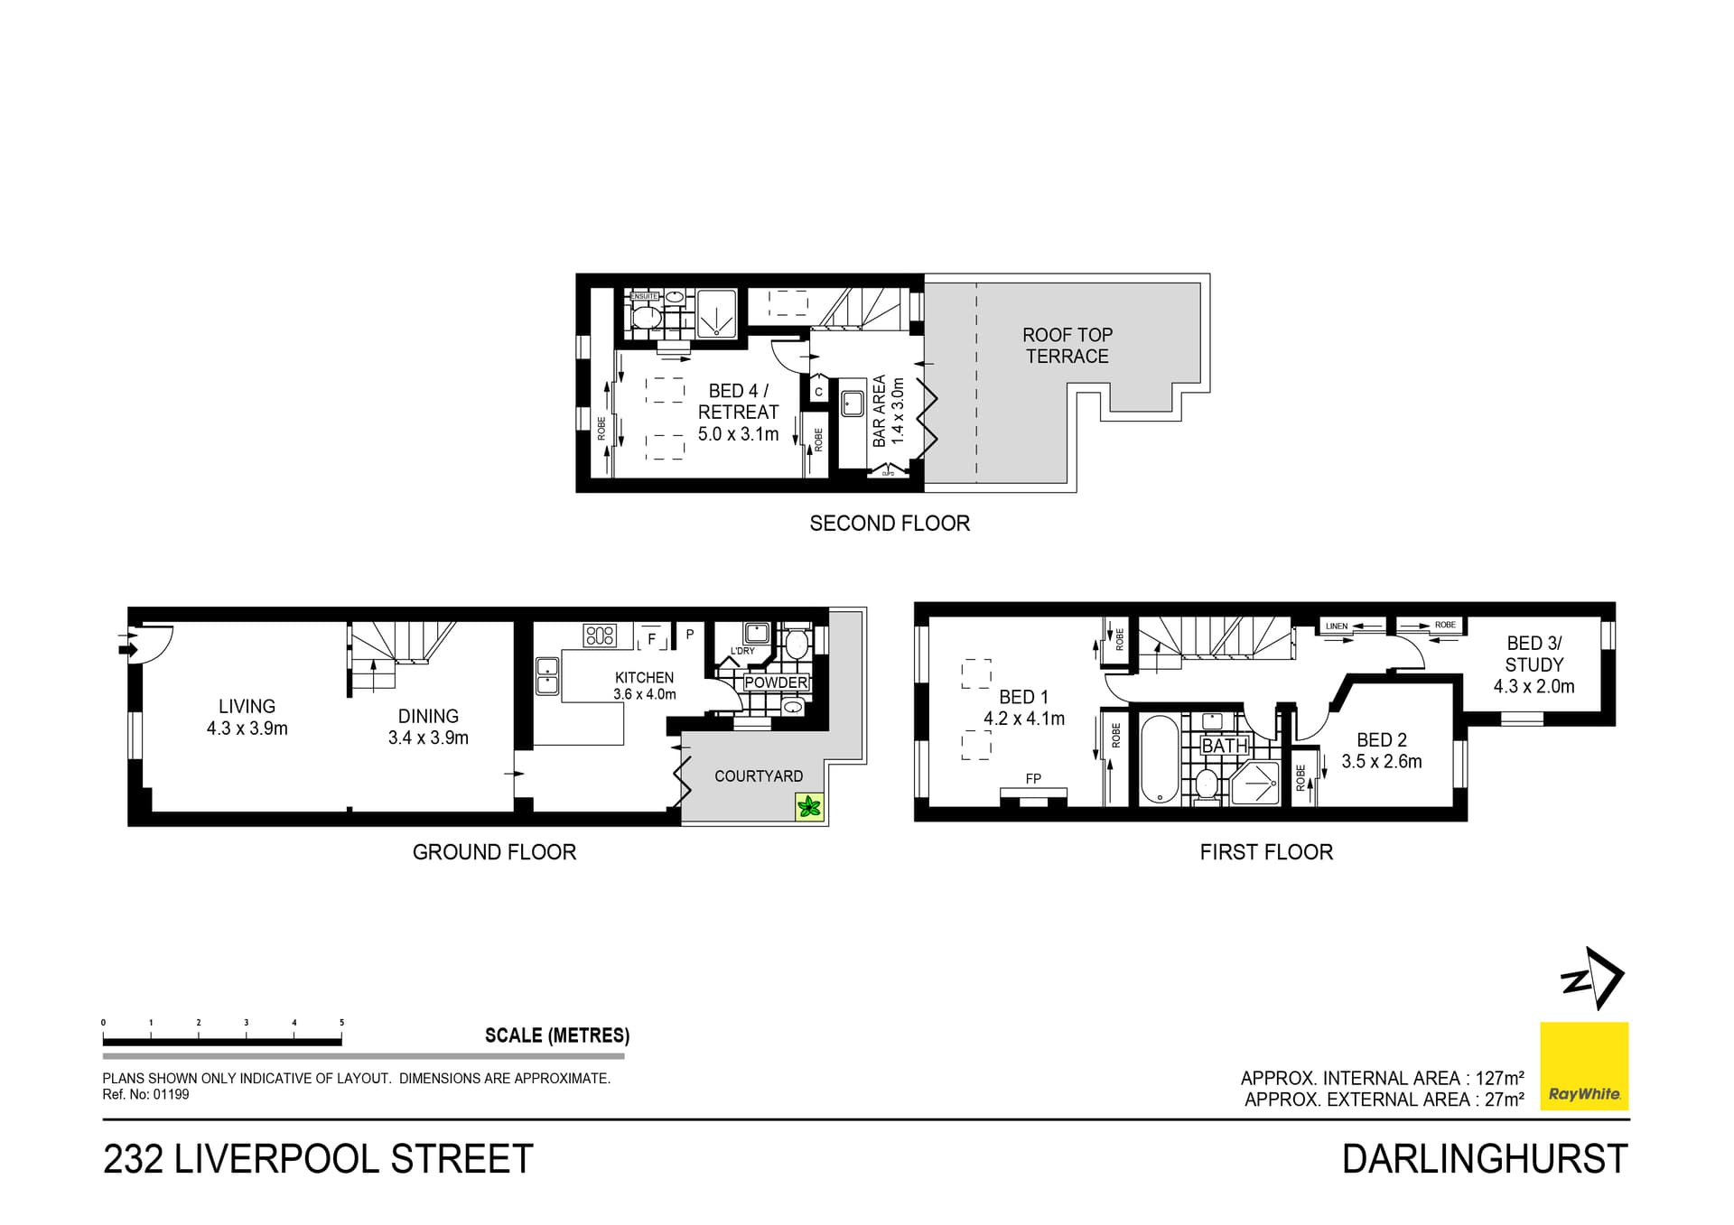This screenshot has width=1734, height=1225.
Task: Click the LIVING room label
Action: (247, 708)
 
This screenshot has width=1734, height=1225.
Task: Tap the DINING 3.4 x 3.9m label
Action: (428, 727)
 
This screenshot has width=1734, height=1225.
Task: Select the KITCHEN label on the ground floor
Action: (644, 678)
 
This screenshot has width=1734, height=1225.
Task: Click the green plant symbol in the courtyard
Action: (810, 807)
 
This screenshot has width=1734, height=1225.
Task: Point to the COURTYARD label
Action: (758, 776)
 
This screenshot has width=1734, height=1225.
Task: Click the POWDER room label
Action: (776, 683)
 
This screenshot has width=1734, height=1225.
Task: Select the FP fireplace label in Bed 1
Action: (1033, 778)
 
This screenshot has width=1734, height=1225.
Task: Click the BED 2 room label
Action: (1381, 740)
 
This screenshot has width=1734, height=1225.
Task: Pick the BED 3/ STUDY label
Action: (1534, 654)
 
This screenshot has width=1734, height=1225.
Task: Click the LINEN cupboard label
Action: (1337, 626)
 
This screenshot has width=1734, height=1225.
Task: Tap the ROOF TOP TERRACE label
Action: (1067, 346)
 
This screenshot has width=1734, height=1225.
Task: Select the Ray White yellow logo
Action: (1584, 1065)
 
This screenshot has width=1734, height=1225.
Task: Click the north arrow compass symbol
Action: (1594, 979)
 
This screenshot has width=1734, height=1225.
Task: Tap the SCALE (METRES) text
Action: (556, 1035)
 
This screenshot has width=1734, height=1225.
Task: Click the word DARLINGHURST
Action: (1484, 1159)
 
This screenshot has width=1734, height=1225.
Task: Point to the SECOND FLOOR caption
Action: (889, 524)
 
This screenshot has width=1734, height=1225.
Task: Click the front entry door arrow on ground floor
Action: (127, 647)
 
